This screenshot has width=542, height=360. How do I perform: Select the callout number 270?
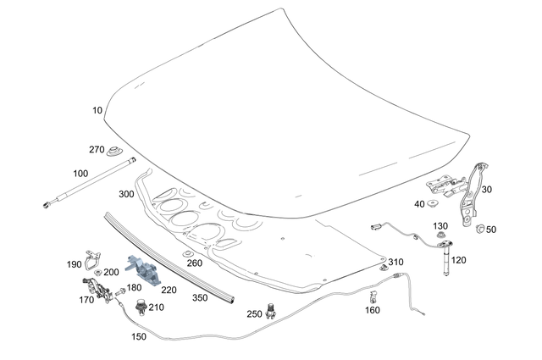tap(97, 150)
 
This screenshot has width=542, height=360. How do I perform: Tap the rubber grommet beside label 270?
tap(113, 152)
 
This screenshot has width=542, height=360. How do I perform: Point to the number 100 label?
tap(80, 174)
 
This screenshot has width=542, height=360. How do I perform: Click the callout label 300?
tap(127, 194)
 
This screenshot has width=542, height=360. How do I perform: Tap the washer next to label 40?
tap(433, 203)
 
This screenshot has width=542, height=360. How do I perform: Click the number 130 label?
tap(440, 226)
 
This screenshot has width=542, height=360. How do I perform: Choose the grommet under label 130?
tap(440, 237)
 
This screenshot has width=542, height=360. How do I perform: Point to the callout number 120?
tap(458, 260)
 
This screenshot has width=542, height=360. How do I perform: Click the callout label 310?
tap(395, 262)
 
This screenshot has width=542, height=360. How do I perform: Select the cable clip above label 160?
tap(373, 296)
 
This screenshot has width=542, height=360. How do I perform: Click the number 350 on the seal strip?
tap(199, 298)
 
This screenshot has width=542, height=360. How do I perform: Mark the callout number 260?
tap(195, 263)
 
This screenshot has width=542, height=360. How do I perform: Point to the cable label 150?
tap(139, 336)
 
